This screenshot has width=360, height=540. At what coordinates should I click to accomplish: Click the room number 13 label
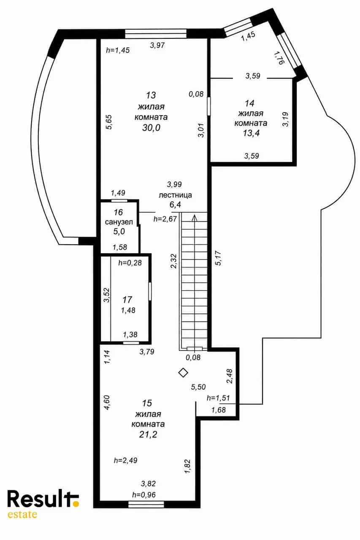tap(151, 95)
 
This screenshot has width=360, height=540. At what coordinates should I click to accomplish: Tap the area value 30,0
tap(151, 128)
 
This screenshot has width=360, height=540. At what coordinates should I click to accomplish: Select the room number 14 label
tap(250, 103)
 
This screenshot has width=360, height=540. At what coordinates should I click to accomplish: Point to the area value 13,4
tap(251, 133)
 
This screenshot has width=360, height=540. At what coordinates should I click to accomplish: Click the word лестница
tap(175, 195)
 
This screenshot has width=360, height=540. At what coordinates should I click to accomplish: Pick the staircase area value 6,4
tap(175, 205)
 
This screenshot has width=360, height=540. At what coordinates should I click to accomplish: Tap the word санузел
tap(119, 222)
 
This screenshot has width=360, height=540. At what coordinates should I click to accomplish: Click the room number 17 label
tap(127, 300)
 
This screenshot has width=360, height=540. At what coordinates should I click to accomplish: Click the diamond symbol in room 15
tap(183, 373)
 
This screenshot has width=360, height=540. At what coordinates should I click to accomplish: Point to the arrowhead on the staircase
tap(194, 218)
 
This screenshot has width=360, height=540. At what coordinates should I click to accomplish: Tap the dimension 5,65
tap(109, 122)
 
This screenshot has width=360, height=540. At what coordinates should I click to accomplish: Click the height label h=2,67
tap(165, 219)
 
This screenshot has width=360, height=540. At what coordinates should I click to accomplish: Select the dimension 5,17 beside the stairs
tap(218, 258)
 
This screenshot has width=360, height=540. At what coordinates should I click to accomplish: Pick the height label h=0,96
tap(144, 495)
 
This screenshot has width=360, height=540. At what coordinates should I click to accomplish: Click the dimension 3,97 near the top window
tap(157, 45)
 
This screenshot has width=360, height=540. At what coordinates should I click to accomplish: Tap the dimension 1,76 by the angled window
tap(279, 58)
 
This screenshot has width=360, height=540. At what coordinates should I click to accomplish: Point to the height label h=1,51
tap(218, 398)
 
